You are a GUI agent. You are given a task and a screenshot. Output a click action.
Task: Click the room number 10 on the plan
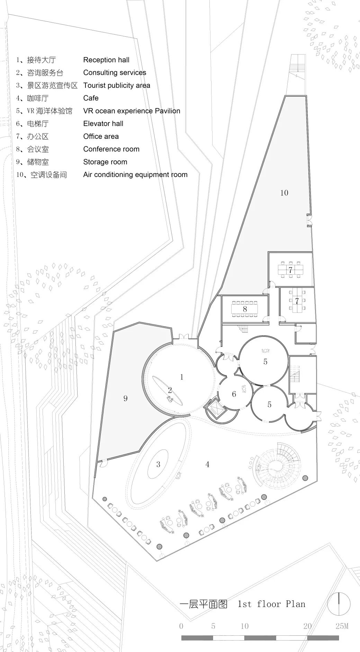[x=284, y=193]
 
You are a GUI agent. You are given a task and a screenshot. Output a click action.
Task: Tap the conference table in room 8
[x=245, y=309]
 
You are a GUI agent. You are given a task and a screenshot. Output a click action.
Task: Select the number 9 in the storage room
[x=125, y=399]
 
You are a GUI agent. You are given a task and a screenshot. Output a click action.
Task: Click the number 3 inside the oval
[x=158, y=464]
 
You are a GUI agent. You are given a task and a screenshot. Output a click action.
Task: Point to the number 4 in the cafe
[x=207, y=464]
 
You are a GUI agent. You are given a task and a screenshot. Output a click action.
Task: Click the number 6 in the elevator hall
[x=234, y=394]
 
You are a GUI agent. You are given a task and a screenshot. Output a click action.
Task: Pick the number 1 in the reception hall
[x=182, y=377]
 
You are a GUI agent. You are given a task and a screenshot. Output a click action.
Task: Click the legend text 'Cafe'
[x=91, y=98]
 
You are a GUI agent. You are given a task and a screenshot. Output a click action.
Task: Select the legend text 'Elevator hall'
[x=103, y=124]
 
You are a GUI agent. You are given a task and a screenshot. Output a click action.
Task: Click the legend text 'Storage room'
[x=105, y=162]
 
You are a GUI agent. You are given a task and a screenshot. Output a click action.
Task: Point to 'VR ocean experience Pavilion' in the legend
[x=132, y=111]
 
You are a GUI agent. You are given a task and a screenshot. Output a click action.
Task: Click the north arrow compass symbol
[x=339, y=602]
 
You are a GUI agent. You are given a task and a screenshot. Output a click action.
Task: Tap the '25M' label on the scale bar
[x=342, y=626]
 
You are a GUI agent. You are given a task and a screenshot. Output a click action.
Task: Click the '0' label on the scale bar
[x=181, y=626]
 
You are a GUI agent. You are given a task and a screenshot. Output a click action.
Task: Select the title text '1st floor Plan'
[x=271, y=604]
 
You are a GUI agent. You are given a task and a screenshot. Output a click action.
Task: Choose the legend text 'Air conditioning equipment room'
[x=135, y=175]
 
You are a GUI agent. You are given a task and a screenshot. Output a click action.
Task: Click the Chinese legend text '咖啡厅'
[x=38, y=98]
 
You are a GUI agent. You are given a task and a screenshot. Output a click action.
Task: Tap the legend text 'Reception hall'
[x=106, y=60]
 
